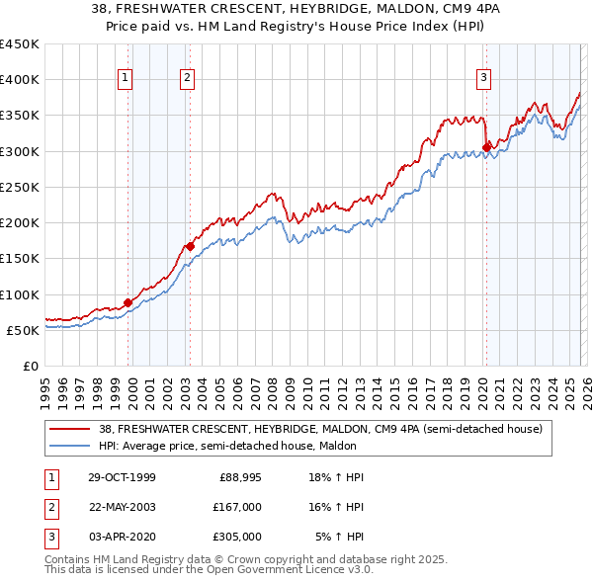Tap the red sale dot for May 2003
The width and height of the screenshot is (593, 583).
click(x=190, y=246)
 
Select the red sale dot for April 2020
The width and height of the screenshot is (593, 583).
click(x=486, y=147)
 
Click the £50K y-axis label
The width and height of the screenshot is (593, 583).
click(x=24, y=330)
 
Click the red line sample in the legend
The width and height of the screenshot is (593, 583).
click(x=71, y=430)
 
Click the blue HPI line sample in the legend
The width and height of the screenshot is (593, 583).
click(x=71, y=447)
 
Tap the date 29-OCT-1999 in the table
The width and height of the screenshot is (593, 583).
click(x=122, y=477)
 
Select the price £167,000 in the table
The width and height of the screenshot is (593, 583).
click(x=237, y=507)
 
